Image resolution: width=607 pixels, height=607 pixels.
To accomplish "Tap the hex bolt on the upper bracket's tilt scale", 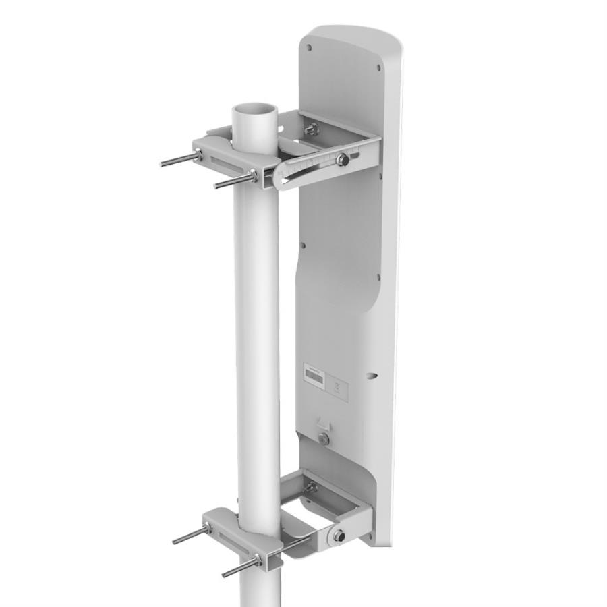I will [x=343, y=160].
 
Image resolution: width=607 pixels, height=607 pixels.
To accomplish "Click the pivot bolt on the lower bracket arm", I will [x=337, y=536].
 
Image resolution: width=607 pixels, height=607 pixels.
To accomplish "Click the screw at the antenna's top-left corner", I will [x=310, y=47].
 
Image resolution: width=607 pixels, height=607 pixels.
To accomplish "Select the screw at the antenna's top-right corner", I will [x=378, y=67].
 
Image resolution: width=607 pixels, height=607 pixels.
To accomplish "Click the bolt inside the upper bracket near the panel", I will [x=312, y=128].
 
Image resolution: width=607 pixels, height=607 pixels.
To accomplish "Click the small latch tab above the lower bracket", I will [x=324, y=425].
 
